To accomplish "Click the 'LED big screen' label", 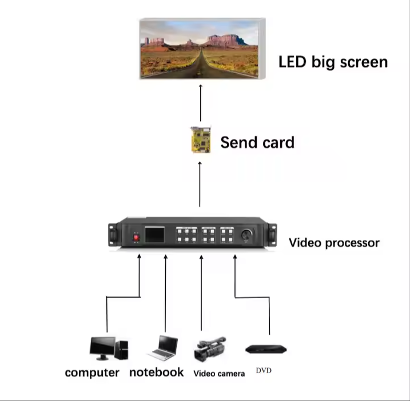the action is (333, 62).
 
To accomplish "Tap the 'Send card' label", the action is (257, 142).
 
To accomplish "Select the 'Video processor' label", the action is (334, 243).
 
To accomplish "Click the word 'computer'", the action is (92, 373).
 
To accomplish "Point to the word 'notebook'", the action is (156, 372).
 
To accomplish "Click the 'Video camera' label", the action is (219, 374).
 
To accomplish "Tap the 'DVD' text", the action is (264, 370).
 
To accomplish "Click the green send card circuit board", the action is (201, 139).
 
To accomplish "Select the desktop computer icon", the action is (109, 348).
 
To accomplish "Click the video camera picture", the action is (210, 349).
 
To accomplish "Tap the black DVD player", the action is (266, 349).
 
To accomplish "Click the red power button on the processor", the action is (136, 238).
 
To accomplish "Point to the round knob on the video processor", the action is (246, 235).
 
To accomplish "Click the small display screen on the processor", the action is (155, 234).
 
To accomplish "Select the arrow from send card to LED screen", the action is (201, 103).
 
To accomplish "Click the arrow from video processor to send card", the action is (200, 184).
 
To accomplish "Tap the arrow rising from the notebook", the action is (165, 294).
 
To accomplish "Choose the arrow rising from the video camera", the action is (201, 293).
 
